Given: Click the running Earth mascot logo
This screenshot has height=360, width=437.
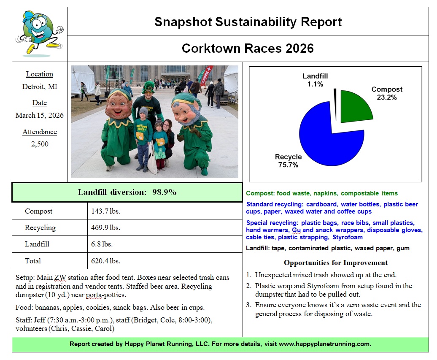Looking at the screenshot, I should [x=39, y=34].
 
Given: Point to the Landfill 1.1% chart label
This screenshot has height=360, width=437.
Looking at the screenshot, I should [x=315, y=80].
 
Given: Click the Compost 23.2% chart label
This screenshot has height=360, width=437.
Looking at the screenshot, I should [x=386, y=93].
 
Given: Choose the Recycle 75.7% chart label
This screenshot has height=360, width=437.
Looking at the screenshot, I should [x=289, y=161].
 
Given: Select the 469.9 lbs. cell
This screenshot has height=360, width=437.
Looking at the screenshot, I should [x=105, y=227].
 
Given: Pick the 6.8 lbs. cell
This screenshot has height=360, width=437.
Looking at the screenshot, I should [x=102, y=244].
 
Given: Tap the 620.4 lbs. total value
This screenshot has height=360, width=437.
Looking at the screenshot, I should [x=105, y=261].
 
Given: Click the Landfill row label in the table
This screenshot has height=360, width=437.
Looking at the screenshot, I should [x=37, y=244].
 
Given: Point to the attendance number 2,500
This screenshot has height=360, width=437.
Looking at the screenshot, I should [x=40, y=144].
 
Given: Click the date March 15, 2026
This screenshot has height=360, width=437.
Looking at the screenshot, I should [x=40, y=115].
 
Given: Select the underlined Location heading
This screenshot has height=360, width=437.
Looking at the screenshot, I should [x=40, y=74].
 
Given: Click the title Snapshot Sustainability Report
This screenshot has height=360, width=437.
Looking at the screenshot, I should [x=248, y=22].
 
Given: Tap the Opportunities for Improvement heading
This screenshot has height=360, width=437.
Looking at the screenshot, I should [x=335, y=263].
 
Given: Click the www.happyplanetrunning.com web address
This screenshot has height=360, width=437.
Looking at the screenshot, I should [x=325, y=344].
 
